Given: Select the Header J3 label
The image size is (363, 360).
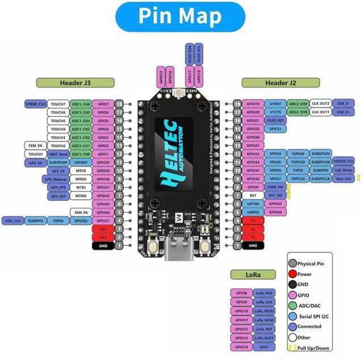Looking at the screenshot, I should click(x=75, y=83).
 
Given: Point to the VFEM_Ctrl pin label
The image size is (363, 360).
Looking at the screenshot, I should click(x=35, y=104).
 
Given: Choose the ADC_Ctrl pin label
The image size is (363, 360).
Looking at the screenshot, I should click(x=13, y=220).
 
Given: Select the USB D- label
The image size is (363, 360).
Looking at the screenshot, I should click(x=343, y=104).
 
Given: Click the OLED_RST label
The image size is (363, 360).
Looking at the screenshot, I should click(x=276, y=120).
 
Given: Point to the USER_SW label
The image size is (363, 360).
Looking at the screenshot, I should click(x=276, y=187).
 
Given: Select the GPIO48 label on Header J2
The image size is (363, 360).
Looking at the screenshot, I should click(x=252, y=137).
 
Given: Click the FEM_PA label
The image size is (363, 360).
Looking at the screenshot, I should click(x=81, y=212).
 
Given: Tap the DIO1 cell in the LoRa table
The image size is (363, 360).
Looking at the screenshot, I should click(x=264, y=346).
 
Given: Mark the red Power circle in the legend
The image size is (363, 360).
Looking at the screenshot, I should click(x=293, y=274).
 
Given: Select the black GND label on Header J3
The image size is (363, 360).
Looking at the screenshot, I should click(x=103, y=245).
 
